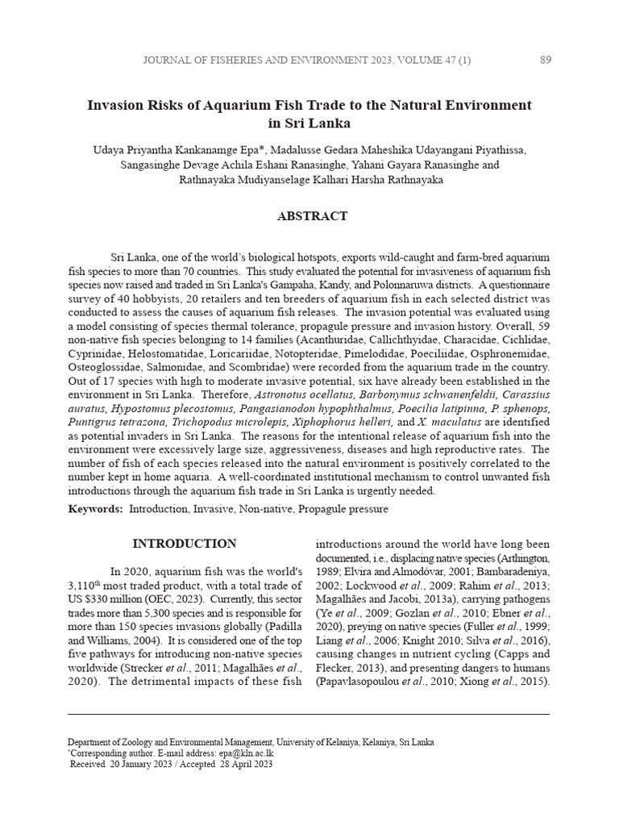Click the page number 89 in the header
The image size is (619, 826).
click(545, 59)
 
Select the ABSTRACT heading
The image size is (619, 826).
click(312, 216)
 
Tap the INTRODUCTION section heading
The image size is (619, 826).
click(185, 544)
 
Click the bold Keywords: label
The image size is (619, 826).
click(96, 509)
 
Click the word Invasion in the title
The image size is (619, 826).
click(118, 105)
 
